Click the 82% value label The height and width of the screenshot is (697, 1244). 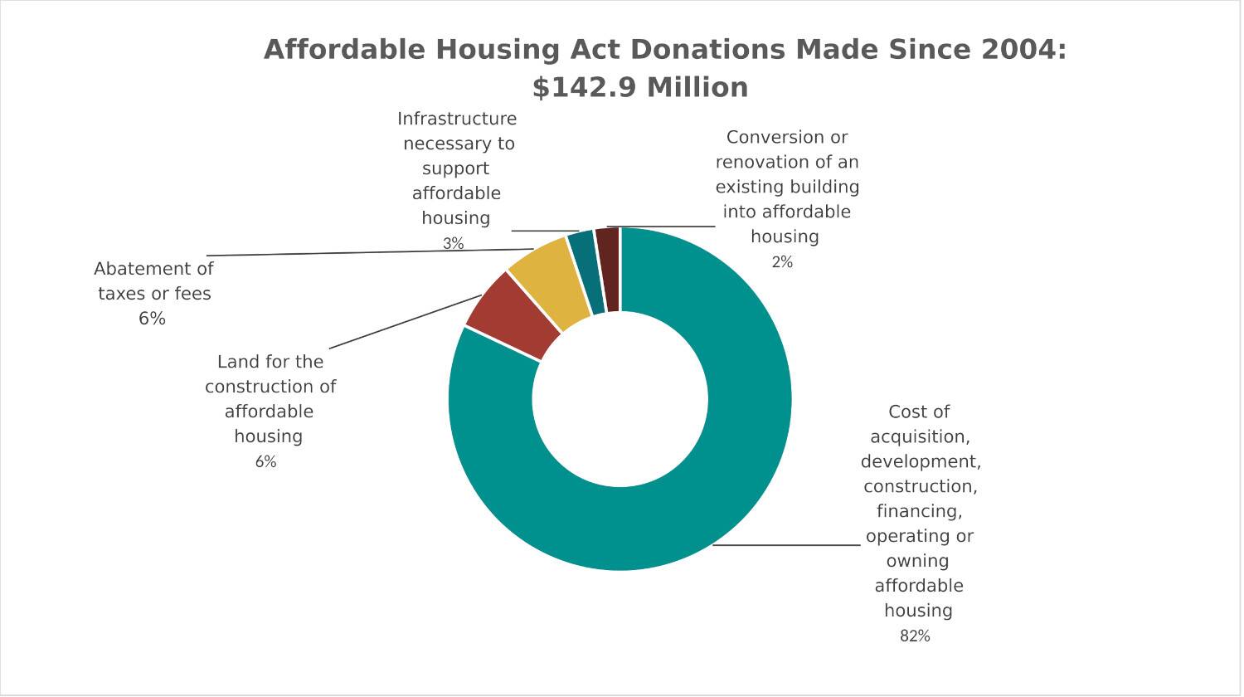915,636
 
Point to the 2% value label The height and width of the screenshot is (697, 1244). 782,262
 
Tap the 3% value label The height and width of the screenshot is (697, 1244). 453,244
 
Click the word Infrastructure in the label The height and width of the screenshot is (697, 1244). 457,119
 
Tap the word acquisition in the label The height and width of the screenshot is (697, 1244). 919,437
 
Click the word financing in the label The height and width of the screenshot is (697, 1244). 919,512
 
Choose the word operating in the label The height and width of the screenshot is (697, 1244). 908,537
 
